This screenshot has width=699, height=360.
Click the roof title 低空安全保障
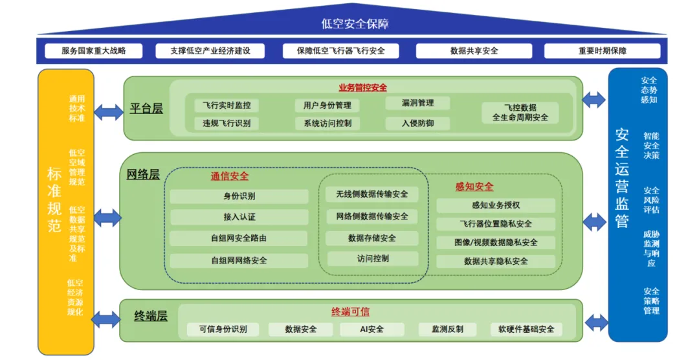(x=355, y=24)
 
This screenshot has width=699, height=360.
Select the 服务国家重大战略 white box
(x=94, y=51)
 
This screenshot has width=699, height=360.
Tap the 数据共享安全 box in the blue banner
(x=474, y=51)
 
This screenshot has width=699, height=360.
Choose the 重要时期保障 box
(x=603, y=51)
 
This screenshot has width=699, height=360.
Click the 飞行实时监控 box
(x=227, y=106)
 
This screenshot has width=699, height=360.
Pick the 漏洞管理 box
(x=417, y=103)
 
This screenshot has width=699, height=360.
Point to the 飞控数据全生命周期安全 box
(x=520, y=113)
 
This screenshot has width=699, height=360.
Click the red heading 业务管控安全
(x=362, y=88)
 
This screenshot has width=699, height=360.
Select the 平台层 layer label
(x=146, y=108)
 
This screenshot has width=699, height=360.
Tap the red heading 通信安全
(x=230, y=176)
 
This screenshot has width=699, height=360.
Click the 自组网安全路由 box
(x=238, y=238)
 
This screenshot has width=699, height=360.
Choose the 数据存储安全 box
(x=372, y=238)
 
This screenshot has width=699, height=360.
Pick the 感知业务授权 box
(x=496, y=205)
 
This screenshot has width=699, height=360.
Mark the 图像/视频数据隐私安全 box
(x=496, y=243)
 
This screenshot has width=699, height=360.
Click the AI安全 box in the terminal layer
(x=372, y=329)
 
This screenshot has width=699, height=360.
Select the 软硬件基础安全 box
(x=526, y=329)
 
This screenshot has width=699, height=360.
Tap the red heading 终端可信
(x=350, y=312)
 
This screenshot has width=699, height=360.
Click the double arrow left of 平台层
(x=108, y=112)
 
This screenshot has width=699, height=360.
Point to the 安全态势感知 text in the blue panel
(x=649, y=90)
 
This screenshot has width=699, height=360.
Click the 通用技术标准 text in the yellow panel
(x=76, y=108)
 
